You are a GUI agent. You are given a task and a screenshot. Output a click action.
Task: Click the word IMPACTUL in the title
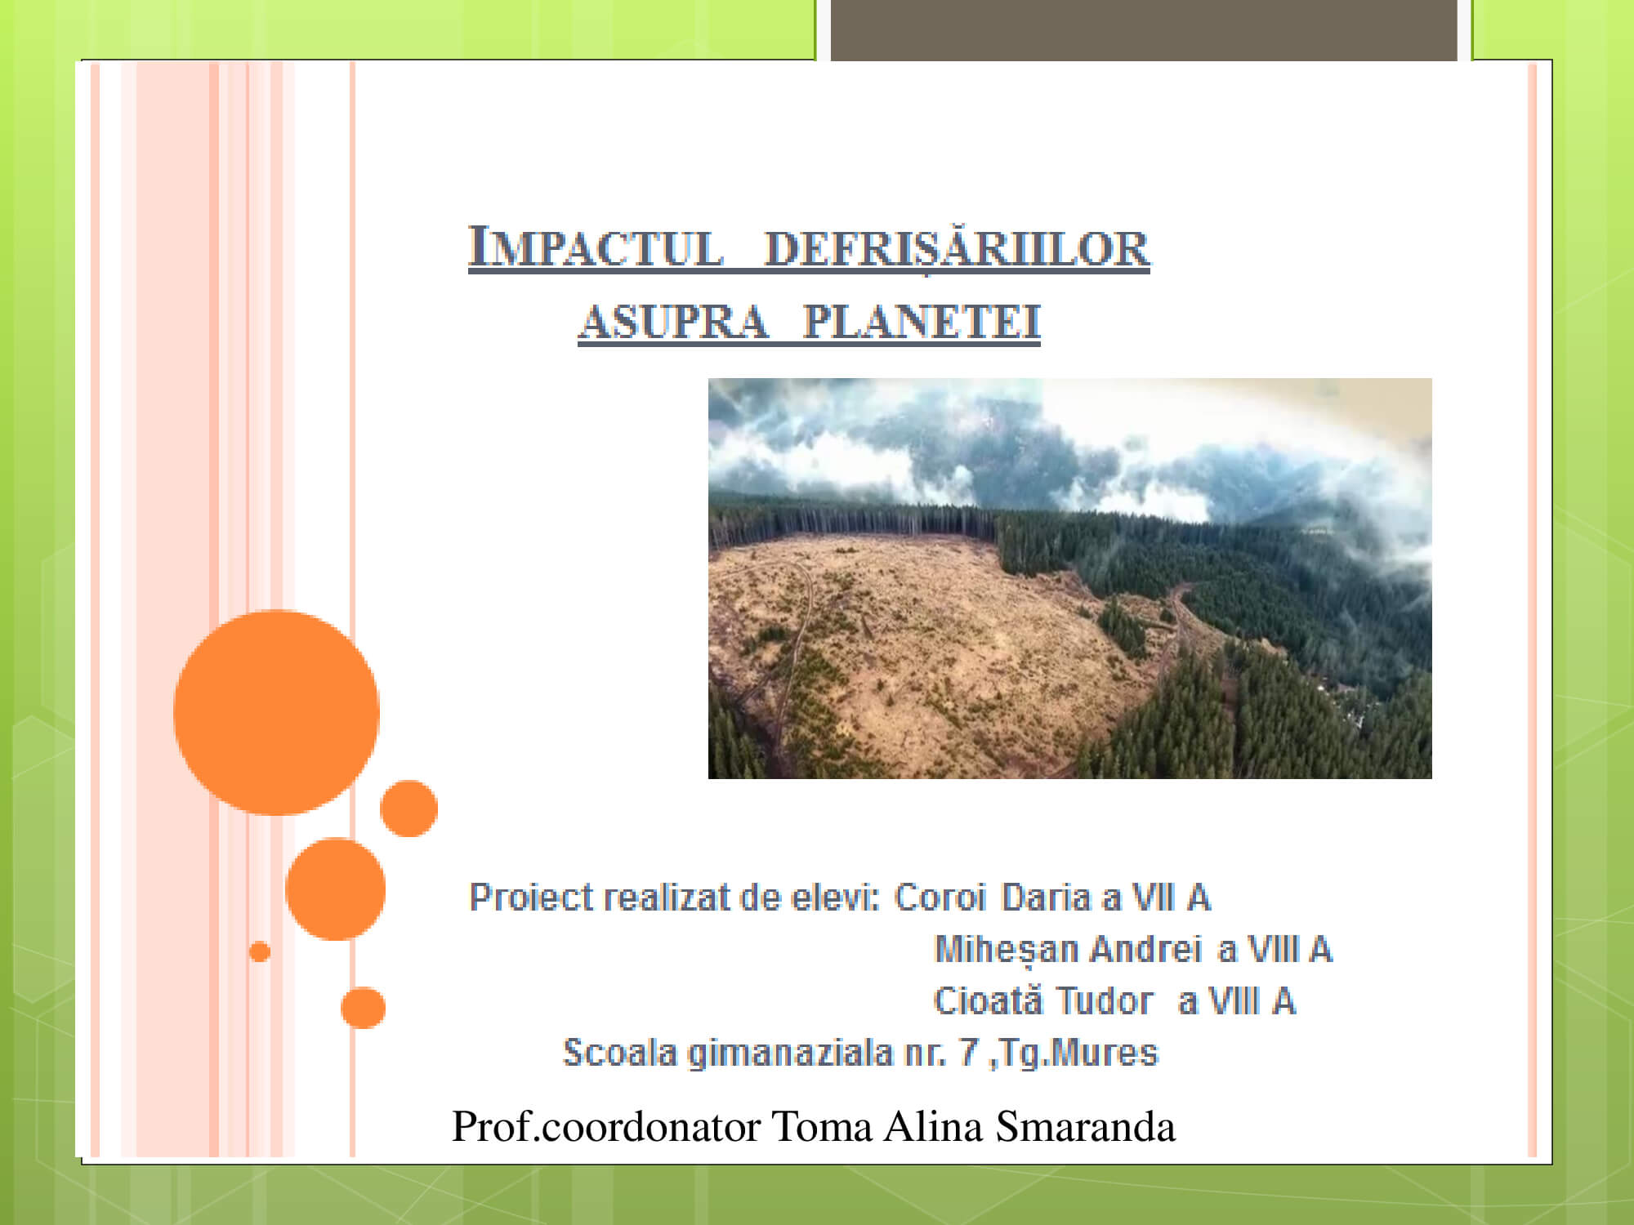click(x=596, y=247)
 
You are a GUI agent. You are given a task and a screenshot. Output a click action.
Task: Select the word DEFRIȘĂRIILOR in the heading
click(x=957, y=248)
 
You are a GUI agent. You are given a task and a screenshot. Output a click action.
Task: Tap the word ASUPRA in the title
click(x=674, y=322)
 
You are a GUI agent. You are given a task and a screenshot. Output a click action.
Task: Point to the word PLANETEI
click(x=922, y=322)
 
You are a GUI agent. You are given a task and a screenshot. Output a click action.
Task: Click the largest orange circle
click(x=276, y=712)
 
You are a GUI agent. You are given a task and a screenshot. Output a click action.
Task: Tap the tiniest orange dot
click(x=260, y=951)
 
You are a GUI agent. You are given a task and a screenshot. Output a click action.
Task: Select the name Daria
click(x=1047, y=898)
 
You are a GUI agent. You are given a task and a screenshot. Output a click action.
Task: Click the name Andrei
click(x=1145, y=949)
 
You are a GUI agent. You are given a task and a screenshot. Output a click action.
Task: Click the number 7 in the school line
click(x=969, y=1053)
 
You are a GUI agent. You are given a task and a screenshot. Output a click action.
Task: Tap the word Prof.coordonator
click(x=606, y=1127)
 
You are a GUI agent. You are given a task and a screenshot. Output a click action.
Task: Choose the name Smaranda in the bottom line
click(x=1085, y=1127)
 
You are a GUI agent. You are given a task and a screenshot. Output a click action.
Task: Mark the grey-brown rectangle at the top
click(x=1144, y=30)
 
